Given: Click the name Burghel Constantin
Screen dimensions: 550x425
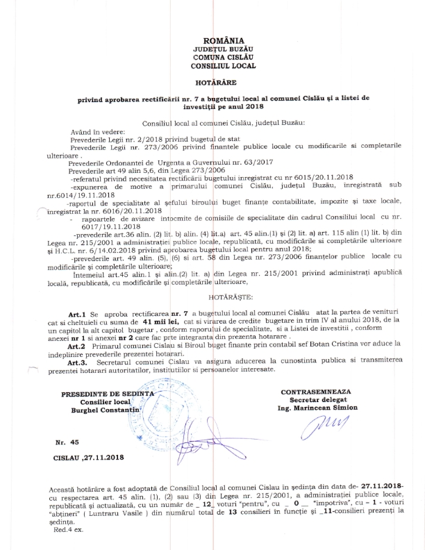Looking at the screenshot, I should (106, 410).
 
